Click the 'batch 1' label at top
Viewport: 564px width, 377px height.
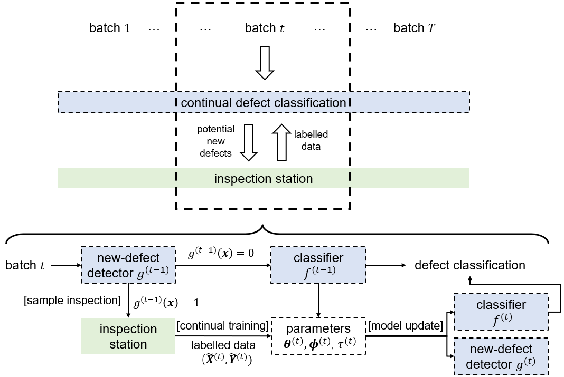tap(110, 28)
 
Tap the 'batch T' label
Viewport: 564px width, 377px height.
tap(414, 28)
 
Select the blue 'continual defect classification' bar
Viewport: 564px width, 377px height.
tap(264, 102)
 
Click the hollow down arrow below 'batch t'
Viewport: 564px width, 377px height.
tap(265, 63)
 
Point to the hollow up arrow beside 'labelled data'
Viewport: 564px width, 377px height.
tap(281, 142)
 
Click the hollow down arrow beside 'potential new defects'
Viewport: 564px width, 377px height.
tap(249, 142)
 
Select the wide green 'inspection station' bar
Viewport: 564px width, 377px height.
tap(264, 178)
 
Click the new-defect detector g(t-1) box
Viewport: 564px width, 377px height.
tap(128, 265)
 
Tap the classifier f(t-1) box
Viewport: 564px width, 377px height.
tap(318, 265)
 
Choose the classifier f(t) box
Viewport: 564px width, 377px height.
tap(501, 312)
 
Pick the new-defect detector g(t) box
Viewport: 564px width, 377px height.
tap(501, 356)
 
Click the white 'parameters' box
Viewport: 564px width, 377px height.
tap(318, 336)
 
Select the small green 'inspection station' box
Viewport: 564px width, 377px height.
tap(128, 336)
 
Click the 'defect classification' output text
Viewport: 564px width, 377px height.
tap(470, 265)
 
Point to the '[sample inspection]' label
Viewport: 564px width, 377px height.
tap(72, 301)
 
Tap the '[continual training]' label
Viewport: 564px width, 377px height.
tap(223, 326)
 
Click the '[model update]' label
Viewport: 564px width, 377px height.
tap(406, 326)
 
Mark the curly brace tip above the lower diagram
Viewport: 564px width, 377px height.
tap(263, 225)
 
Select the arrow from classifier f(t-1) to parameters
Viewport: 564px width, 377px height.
tap(318, 301)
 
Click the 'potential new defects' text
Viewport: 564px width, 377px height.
tap(215, 141)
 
